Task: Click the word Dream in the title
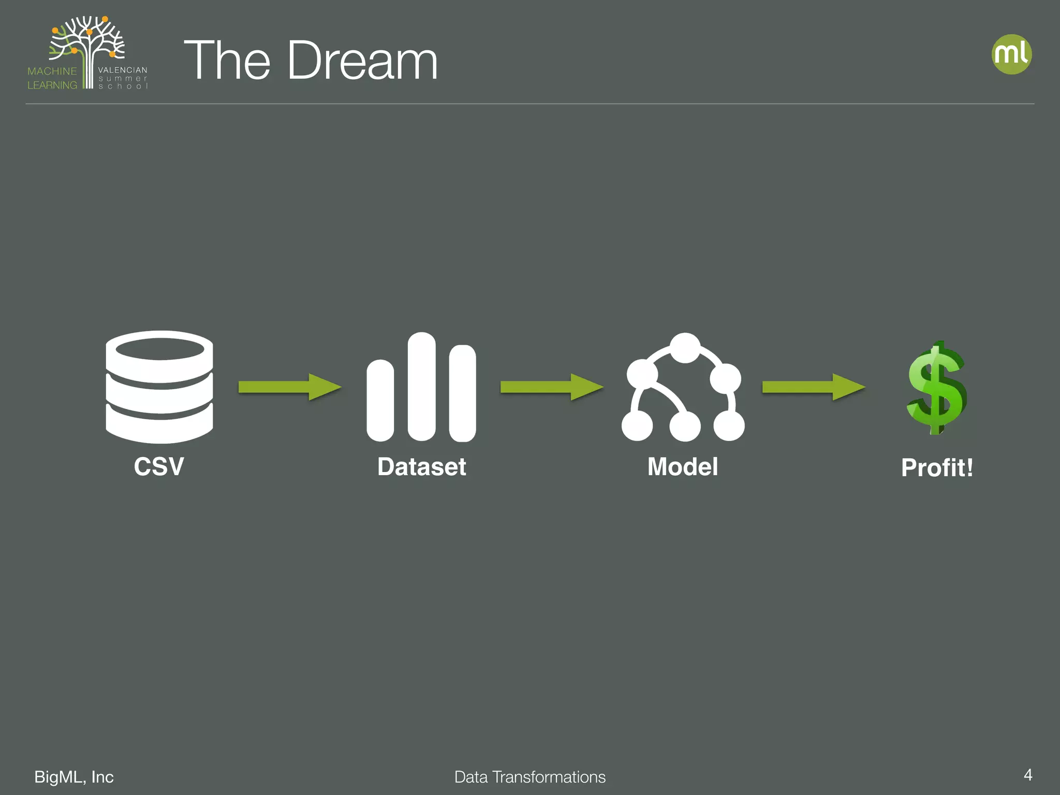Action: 362,61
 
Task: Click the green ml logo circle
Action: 1011,54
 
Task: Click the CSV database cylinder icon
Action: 159,387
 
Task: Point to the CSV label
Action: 159,466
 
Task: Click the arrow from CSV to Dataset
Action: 289,387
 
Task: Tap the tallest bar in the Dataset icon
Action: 421,387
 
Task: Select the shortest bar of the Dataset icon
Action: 380,401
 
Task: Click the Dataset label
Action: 421,466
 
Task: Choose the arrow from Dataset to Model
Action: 551,387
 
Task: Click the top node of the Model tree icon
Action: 685,348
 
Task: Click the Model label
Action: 683,466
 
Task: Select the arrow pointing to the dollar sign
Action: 813,387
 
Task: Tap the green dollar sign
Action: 937,388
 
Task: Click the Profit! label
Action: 937,468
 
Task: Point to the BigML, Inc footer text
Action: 74,777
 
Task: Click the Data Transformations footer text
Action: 530,777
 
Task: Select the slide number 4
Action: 1028,775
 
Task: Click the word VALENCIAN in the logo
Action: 123,70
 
